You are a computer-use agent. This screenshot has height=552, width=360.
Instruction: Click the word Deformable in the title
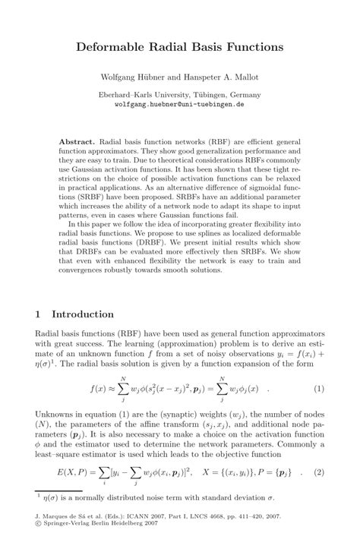point(114,47)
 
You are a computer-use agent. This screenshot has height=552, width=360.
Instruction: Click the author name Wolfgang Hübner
point(130,78)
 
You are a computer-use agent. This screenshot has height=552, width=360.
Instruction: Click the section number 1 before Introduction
point(39,314)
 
